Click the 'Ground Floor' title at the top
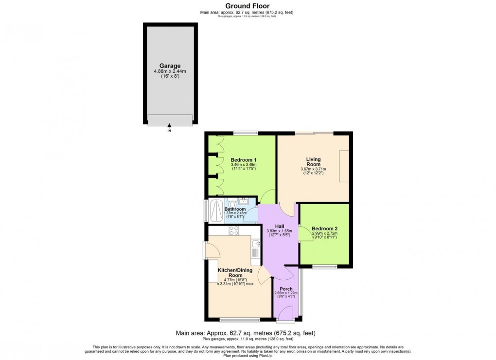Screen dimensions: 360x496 click(x=248, y=6)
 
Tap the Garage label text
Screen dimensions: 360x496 click(x=170, y=66)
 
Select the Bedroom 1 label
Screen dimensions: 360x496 click(x=244, y=160)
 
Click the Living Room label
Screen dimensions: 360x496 click(x=313, y=162)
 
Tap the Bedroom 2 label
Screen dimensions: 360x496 click(x=324, y=229)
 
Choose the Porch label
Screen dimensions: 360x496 click(x=286, y=289)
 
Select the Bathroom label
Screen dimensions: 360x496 click(x=235, y=209)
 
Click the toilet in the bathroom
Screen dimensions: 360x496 click(x=232, y=204)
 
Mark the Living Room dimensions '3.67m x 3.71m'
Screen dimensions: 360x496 click(x=313, y=169)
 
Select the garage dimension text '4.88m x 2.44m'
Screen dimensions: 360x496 click(x=170, y=71)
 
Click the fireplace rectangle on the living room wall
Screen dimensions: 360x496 click(x=344, y=166)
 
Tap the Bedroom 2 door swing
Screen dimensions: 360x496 click(x=305, y=234)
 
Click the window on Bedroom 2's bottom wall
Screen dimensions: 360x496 click(x=324, y=266)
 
